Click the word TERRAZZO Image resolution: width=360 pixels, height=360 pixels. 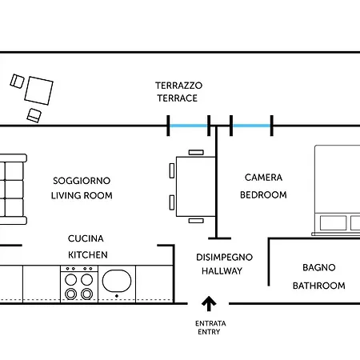[x=178, y=86]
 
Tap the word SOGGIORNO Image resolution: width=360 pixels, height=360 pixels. [x=82, y=181]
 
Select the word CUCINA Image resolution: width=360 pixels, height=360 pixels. [x=86, y=238]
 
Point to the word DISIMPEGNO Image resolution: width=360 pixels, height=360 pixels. [x=224, y=258]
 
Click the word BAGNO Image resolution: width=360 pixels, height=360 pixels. [x=319, y=267]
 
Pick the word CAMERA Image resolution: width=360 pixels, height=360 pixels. [x=263, y=178]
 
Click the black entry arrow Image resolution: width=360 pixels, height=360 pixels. [x=209, y=303]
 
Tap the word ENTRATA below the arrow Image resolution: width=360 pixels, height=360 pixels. [x=210, y=323]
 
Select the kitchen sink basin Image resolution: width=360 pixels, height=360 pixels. [x=117, y=281]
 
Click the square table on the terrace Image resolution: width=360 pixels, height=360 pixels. [x=39, y=90]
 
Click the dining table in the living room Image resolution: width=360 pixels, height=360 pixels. [x=196, y=186]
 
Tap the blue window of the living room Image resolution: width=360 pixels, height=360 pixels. [x=189, y=126]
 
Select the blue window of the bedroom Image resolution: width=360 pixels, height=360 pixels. [x=251, y=126]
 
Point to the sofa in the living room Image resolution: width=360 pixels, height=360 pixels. [x=12, y=189]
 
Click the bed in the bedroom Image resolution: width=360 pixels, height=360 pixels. [x=338, y=190]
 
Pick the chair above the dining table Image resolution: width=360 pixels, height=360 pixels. [x=196, y=152]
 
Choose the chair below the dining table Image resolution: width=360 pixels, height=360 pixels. [x=196, y=221]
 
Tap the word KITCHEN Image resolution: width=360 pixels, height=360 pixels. [x=88, y=255]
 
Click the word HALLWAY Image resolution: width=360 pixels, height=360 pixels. [x=222, y=271]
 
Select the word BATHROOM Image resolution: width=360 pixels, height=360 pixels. [x=319, y=286]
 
